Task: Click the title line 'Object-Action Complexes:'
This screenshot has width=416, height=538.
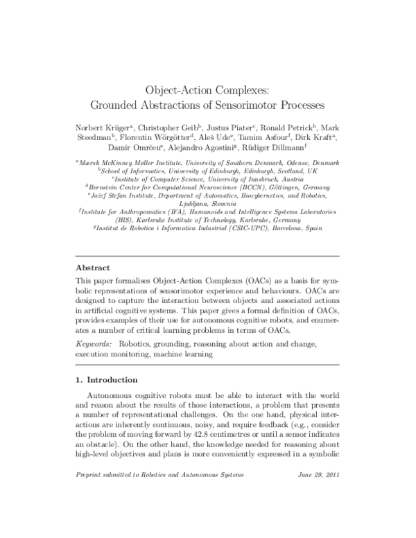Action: tap(208, 90)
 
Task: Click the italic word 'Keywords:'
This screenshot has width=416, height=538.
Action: tap(94, 344)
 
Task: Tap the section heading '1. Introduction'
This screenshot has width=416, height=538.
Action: tap(106, 380)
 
